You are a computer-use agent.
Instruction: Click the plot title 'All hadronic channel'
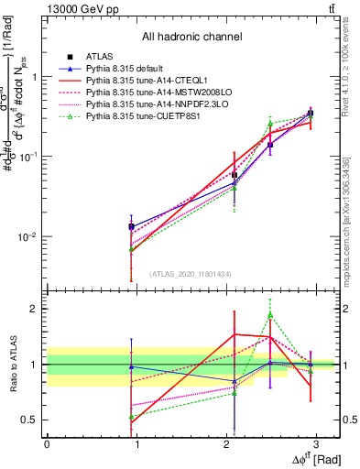(x=191, y=37)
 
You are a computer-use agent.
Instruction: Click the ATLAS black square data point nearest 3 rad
(x=311, y=114)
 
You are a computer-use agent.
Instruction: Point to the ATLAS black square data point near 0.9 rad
(x=132, y=225)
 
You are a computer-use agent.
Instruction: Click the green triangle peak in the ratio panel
(x=270, y=315)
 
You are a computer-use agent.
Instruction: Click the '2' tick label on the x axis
(x=226, y=443)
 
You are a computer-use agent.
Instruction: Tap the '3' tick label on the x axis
(x=316, y=443)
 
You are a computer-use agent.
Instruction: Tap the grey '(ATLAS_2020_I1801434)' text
(x=191, y=274)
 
